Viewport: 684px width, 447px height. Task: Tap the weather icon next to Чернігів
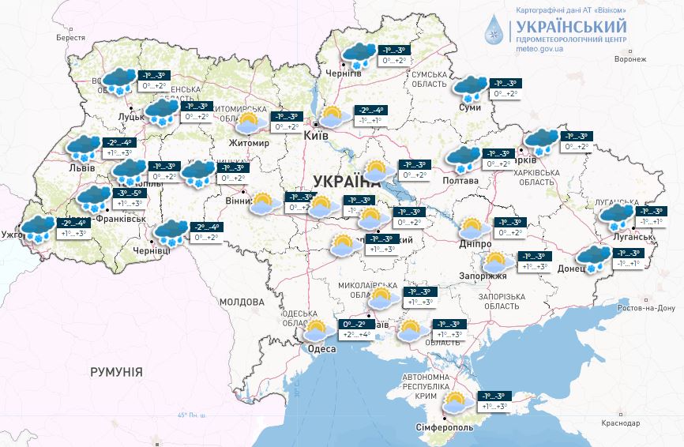click(359, 55)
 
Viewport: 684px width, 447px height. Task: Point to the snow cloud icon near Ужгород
click(37, 229)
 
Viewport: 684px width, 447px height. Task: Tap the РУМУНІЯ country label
click(116, 371)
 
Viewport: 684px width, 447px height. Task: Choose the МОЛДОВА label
click(242, 302)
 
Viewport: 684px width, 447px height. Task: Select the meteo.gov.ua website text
click(541, 48)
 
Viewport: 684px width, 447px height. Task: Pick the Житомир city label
click(247, 143)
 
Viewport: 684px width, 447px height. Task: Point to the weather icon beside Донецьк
click(593, 258)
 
